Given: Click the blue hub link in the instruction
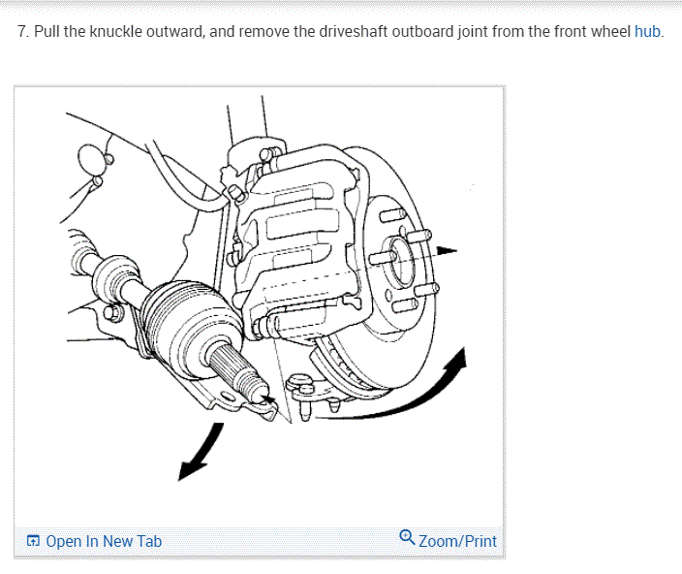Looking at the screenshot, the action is pyautogui.click(x=647, y=31).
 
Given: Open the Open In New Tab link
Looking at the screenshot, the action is pyautogui.click(x=103, y=541).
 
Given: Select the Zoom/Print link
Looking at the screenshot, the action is pyautogui.click(x=457, y=541).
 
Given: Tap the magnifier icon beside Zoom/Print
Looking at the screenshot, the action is pyautogui.click(x=408, y=539).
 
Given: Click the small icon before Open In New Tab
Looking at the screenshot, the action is pyautogui.click(x=33, y=541).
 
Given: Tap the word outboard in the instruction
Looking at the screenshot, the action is pyautogui.click(x=425, y=31).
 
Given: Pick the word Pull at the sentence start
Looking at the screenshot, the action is pyautogui.click(x=48, y=31).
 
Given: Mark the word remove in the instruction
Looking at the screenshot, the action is pyautogui.click(x=263, y=31).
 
